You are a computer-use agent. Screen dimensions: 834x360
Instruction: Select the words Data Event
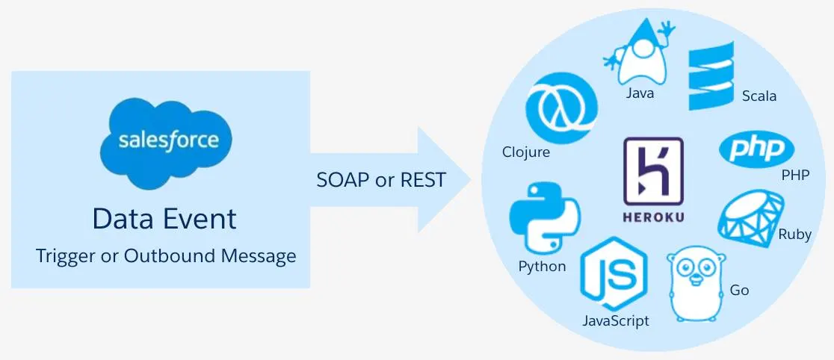[164, 219]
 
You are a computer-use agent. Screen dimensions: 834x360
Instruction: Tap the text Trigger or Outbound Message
[166, 256]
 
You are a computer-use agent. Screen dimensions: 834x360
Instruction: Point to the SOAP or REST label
[381, 180]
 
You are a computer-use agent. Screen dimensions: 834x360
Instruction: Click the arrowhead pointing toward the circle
[444, 180]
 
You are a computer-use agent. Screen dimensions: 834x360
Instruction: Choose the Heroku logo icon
[653, 172]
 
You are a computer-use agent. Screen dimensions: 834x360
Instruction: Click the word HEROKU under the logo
[654, 217]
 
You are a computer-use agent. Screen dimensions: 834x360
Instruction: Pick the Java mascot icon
[638, 52]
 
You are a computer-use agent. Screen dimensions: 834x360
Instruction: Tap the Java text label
[640, 93]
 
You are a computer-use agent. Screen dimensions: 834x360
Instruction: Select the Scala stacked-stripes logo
[711, 76]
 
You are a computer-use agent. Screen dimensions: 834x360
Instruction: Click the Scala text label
[759, 96]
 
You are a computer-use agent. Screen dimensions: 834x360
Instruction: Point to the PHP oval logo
[756, 149]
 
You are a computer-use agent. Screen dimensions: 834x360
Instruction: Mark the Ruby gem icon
[751, 216]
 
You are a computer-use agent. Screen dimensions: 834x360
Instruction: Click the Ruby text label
[794, 235]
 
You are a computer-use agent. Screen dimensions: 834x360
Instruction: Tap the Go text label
[739, 291]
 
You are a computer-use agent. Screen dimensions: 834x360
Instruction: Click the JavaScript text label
[616, 320]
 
